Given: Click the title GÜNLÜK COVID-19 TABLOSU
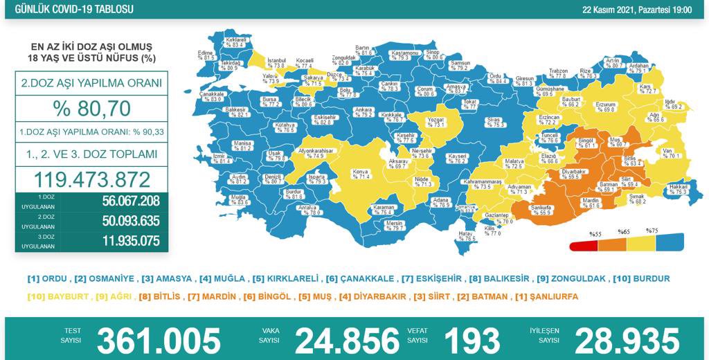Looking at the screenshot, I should pos(68,10).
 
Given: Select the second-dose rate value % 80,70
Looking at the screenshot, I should pos(91,108).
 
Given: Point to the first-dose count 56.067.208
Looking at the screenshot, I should pos(122,201).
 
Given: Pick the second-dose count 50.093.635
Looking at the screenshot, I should pos(122,222).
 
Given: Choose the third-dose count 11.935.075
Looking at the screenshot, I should pos(122,242).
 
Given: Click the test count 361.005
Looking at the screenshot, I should pos(159,340).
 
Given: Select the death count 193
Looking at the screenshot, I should pos(472,340).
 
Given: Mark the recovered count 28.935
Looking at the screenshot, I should pos(627,340).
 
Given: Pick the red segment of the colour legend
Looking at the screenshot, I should pos(582,246).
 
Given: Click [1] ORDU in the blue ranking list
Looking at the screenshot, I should pos(48,279).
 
